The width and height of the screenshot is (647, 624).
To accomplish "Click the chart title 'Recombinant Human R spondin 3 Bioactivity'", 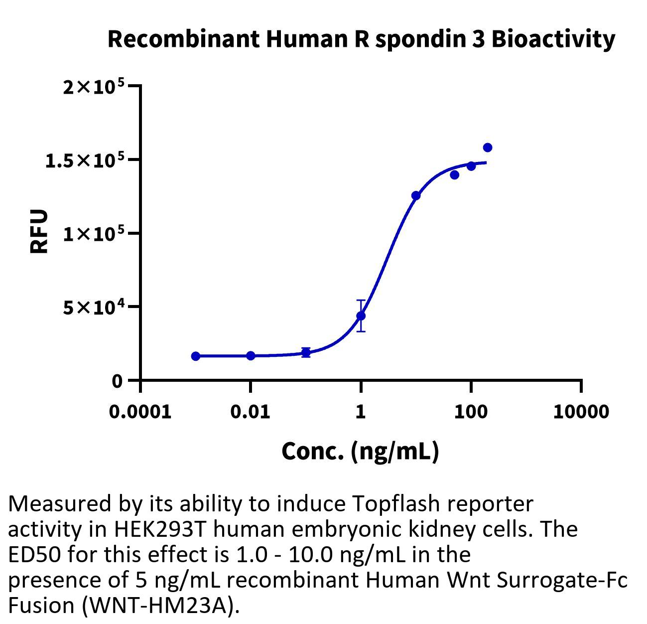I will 361,39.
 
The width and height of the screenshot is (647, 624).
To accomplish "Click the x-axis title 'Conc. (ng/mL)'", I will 360,451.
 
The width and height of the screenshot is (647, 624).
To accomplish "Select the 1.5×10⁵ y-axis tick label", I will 85,160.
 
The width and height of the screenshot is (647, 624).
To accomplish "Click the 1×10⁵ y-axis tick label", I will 93,234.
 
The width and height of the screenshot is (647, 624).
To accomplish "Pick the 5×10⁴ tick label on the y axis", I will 93,307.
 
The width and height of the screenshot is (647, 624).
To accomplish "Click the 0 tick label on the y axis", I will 117,381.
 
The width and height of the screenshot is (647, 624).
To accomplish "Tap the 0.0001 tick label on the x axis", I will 140,412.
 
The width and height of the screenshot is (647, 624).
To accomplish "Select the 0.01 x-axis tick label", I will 251,412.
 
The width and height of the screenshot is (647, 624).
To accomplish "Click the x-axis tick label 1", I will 361,412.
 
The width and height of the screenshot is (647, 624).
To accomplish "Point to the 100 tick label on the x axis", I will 471,412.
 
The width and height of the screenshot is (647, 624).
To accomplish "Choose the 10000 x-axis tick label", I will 581,412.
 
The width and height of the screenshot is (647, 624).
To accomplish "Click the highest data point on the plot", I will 488,148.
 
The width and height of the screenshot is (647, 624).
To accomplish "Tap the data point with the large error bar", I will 361,315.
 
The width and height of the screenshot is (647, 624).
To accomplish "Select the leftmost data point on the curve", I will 196,356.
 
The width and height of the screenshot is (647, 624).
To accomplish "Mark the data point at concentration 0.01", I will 251,355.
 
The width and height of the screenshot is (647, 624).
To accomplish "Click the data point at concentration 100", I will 471,166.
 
